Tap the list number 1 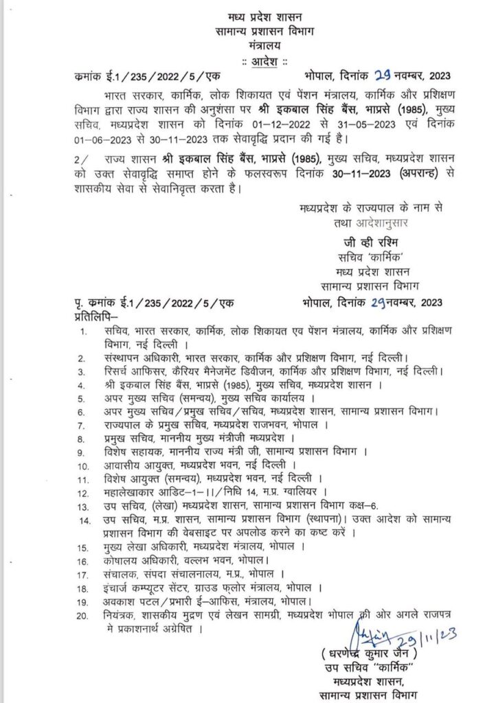[84, 332]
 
